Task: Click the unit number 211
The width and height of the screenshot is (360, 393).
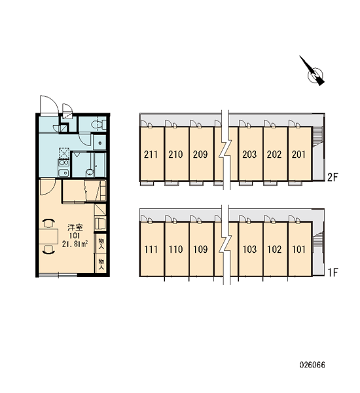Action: [x=151, y=155]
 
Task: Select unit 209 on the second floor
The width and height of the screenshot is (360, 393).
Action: [x=200, y=155]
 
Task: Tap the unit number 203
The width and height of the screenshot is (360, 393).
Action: [x=249, y=155]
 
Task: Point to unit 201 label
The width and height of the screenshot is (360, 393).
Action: [x=298, y=155]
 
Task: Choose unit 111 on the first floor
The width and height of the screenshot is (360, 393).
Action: [x=151, y=250]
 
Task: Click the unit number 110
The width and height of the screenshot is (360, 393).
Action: [x=175, y=250]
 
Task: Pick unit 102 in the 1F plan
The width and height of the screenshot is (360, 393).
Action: [x=274, y=250]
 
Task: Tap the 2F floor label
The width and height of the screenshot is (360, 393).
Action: [x=333, y=178]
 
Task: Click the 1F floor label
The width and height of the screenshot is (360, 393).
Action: [x=333, y=272]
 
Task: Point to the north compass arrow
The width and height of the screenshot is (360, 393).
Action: [x=312, y=71]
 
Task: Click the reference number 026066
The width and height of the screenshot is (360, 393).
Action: [x=312, y=365]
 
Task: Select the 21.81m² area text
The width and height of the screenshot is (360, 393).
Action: [x=75, y=244]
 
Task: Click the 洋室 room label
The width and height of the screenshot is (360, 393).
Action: [x=75, y=227]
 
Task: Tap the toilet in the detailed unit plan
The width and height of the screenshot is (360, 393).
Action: [x=98, y=124]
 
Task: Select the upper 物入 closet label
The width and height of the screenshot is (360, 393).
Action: [x=101, y=244]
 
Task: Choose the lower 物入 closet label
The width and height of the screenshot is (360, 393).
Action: [x=101, y=264]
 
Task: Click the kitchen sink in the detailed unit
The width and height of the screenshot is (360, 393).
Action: [x=63, y=173]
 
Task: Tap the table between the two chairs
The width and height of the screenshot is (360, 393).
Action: [x=48, y=236]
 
